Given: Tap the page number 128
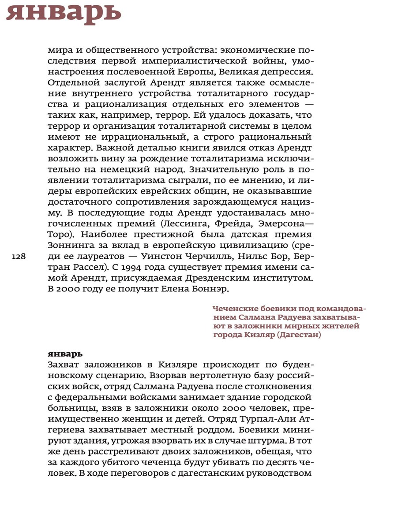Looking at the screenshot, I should point(19,257).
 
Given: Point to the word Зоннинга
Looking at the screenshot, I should point(70,246).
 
